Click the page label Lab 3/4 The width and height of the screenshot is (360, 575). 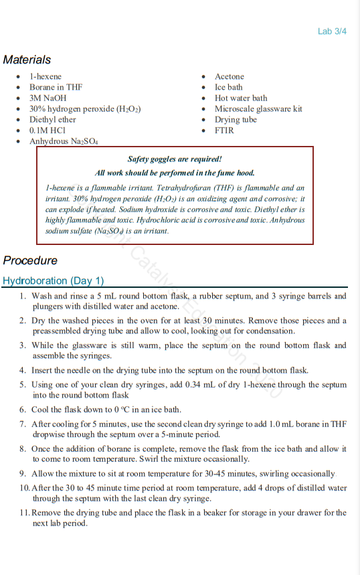pos(332,31)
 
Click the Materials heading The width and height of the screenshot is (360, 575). pos(27,60)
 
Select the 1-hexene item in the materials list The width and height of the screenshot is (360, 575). pos(46,77)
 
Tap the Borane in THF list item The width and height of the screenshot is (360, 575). pos(56,88)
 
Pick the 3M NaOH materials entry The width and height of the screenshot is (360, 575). pos(48,98)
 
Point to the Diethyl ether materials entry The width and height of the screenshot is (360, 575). pos(53,120)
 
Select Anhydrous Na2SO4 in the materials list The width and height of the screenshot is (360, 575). pos(64,142)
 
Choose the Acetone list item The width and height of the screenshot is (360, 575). pos(230,77)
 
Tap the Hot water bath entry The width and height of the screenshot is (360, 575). pos(241,98)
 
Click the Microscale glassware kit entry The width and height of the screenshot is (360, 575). pos(258,109)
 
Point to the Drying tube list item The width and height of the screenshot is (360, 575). pos(236,120)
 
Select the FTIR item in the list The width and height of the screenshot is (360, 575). pos(224,131)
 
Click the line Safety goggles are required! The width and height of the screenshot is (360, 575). pos(174,159)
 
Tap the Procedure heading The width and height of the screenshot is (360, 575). pos(30,260)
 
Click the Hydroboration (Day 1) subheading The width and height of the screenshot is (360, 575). pos(53,281)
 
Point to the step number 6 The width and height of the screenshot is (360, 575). pos(23,410)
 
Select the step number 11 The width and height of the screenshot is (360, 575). pos(24,513)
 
